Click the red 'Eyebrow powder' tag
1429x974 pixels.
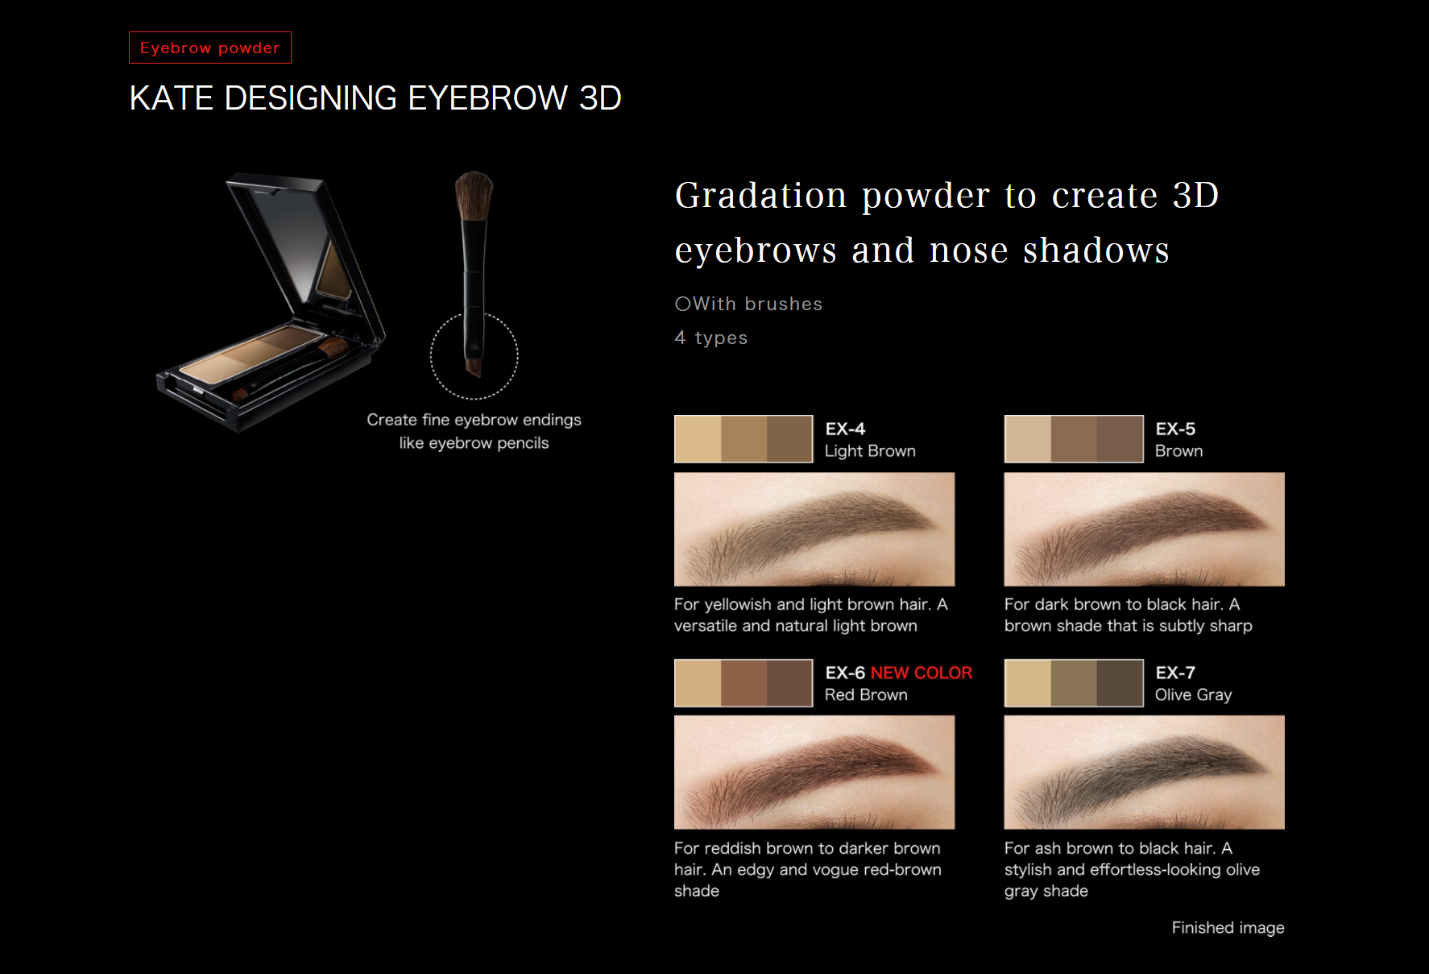pyautogui.click(x=210, y=48)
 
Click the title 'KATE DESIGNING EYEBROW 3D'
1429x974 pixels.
pyautogui.click(x=375, y=98)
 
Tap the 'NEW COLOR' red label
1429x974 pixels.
pyautogui.click(x=922, y=673)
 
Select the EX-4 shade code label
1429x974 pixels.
pyautogui.click(x=845, y=429)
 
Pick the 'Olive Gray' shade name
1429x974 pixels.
pyautogui.click(x=1193, y=694)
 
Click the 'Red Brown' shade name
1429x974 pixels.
pyautogui.click(x=866, y=694)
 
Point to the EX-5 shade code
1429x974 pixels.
pyautogui.click(x=1175, y=429)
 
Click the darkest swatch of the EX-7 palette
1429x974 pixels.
pyautogui.click(x=1120, y=683)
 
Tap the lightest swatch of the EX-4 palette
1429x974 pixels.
pyautogui.click(x=698, y=439)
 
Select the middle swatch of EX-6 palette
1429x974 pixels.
pyautogui.click(x=743, y=683)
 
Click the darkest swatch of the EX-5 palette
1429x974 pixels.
pyautogui.click(x=1120, y=439)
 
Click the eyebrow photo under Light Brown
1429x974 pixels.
pyautogui.click(x=814, y=529)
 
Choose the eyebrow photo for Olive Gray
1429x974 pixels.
pyautogui.click(x=1145, y=773)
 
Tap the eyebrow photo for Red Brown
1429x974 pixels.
pyautogui.click(x=814, y=773)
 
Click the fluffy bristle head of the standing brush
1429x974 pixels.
pyautogui.click(x=474, y=196)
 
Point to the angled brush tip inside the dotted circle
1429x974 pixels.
pyautogui.click(x=474, y=364)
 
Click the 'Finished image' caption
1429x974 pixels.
pyautogui.click(x=1228, y=927)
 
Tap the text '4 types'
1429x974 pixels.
pyautogui.click(x=711, y=338)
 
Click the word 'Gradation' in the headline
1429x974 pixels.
pyautogui.click(x=761, y=196)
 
